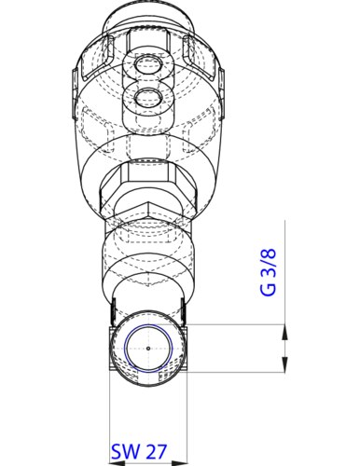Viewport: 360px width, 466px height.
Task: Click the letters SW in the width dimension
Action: click(x=123, y=450)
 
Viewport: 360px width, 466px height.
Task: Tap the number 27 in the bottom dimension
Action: click(x=155, y=450)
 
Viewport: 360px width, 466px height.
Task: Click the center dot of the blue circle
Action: click(x=148, y=349)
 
